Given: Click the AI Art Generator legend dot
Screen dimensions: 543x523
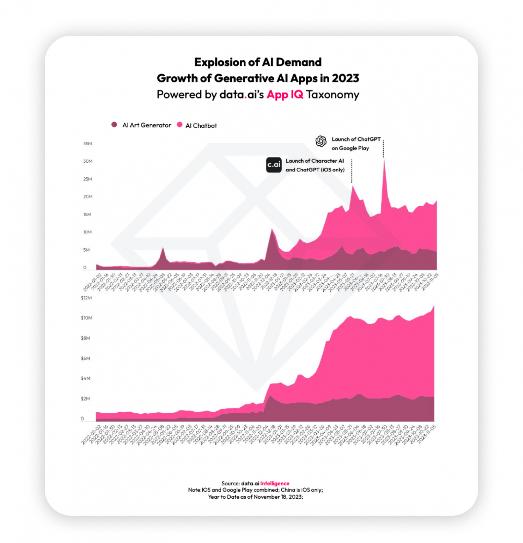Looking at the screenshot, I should [114, 125].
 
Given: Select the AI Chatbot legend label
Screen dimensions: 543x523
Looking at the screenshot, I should [201, 126].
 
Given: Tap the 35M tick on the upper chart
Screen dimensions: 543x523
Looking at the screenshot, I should [88, 144].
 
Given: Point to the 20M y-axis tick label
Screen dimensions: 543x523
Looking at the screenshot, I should [88, 196].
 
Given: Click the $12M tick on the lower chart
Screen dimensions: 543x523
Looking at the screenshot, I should [86, 298].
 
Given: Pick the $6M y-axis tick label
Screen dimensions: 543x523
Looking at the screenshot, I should [86, 358].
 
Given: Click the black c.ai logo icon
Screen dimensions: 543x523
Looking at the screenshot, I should [274, 165].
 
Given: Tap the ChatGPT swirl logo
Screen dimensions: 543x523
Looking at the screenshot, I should [321, 141].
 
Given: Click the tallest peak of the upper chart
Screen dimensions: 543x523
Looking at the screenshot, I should [384, 160].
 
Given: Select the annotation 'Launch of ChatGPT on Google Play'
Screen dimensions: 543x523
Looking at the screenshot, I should [356, 144].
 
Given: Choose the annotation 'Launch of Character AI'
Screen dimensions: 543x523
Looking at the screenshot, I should [315, 161].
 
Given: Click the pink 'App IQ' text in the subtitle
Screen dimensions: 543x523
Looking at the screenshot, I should [285, 94].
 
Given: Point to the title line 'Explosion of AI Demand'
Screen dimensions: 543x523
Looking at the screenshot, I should [258, 62].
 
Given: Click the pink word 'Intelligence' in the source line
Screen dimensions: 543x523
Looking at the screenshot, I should [275, 483].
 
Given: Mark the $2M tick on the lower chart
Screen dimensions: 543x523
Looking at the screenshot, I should [86, 398].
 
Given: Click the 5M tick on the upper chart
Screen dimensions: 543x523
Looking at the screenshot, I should [87, 250].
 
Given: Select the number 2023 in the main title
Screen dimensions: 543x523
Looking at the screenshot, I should [345, 78].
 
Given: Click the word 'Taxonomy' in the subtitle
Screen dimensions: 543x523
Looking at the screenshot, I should [333, 94].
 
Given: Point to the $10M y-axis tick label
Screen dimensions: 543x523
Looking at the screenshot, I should [86, 318].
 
